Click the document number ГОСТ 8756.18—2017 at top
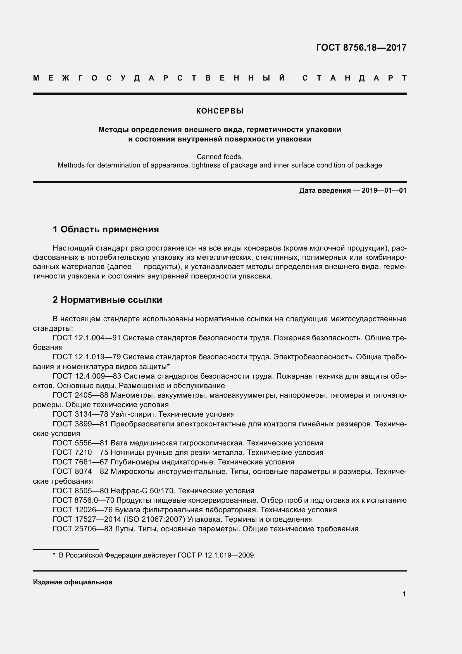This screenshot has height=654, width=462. pyautogui.click(x=361, y=48)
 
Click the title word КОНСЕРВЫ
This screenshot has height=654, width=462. pyautogui.click(x=220, y=111)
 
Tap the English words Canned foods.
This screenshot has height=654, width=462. pyautogui.click(x=220, y=157)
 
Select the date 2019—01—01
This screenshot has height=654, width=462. pyautogui.click(x=384, y=190)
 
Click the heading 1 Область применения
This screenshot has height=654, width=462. pyautogui.click(x=106, y=229)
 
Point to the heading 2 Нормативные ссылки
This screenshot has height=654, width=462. pyautogui.click(x=107, y=300)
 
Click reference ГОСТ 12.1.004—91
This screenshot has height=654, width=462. pyautogui.click(x=87, y=338)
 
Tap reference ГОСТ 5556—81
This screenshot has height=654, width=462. pyautogui.click(x=80, y=443)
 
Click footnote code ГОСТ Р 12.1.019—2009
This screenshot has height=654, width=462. pyautogui.click(x=216, y=555)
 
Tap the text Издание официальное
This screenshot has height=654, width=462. pyautogui.click(x=73, y=582)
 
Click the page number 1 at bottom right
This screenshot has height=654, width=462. pyautogui.click(x=404, y=594)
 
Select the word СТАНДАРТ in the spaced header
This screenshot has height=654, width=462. pyautogui.click(x=354, y=78)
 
